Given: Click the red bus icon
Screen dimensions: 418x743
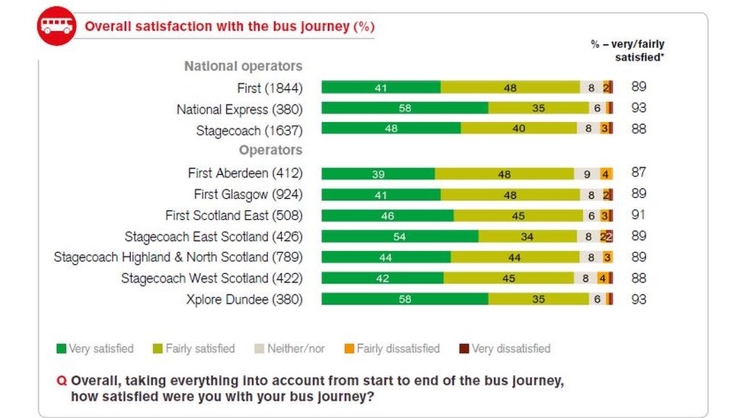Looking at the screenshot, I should [57, 26].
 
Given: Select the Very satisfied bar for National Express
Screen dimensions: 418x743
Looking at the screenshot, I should [404, 108].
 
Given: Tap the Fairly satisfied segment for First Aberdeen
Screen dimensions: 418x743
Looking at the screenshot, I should [504, 174].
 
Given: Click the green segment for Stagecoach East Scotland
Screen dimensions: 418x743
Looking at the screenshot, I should [400, 237].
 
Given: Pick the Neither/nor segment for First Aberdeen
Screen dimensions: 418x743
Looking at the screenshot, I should [586, 174].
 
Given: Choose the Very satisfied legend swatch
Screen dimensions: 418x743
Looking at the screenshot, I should [62, 349].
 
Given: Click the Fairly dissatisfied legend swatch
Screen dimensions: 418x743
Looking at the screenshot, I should [349, 349].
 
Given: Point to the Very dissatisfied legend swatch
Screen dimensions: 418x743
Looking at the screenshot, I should [464, 349].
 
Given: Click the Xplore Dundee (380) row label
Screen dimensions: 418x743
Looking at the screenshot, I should [244, 299].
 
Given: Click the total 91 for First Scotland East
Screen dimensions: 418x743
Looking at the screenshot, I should [639, 215].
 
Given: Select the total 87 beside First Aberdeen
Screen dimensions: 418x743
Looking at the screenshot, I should [639, 173].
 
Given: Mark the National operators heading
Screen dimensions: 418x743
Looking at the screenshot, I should [243, 66].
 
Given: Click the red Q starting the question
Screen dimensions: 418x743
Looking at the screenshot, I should [62, 381].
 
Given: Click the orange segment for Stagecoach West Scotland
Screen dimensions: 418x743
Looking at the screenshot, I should [602, 279].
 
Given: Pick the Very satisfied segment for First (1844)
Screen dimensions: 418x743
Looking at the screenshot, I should [381, 88].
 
